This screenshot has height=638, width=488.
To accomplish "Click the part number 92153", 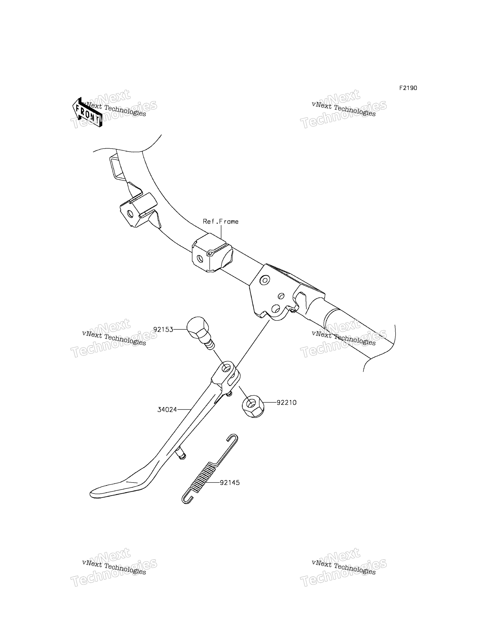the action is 163,330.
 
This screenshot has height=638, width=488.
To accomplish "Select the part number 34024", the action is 167,410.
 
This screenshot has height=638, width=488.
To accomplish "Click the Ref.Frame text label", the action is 221,222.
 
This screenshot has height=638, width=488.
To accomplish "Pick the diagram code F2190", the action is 408,88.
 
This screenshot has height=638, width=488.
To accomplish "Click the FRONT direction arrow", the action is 87,112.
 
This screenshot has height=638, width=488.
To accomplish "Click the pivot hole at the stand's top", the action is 226,369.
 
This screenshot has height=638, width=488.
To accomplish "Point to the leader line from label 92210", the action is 270,403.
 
